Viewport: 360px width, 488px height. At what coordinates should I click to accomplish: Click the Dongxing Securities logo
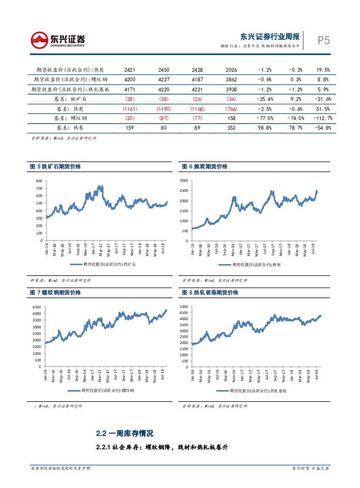(x=57, y=40)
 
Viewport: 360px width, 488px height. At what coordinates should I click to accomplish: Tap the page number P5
(x=323, y=40)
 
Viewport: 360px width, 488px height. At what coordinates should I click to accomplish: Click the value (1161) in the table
(x=130, y=109)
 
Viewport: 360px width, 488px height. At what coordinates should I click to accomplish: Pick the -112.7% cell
(x=323, y=118)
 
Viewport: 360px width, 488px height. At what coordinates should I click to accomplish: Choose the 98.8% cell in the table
(x=265, y=128)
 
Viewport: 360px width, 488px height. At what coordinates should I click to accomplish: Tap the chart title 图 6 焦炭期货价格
(x=205, y=167)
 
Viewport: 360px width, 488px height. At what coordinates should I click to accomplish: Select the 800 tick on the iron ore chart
(x=39, y=180)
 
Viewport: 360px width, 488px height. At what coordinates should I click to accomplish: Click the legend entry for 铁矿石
(x=100, y=264)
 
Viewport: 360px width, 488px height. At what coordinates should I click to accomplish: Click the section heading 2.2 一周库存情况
(x=125, y=434)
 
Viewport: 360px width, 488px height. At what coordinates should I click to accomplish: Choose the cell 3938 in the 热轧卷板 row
(x=231, y=89)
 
